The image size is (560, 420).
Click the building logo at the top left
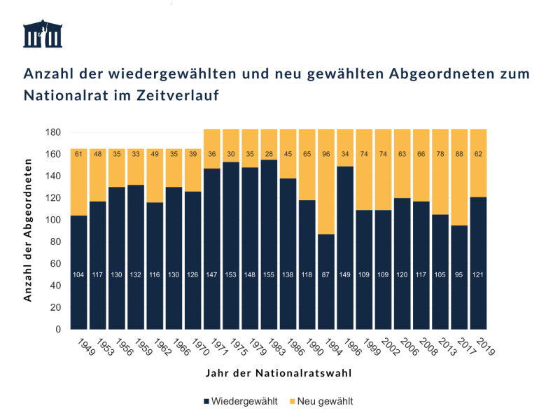coord(42,34)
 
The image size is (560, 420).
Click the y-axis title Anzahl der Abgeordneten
coord(29,231)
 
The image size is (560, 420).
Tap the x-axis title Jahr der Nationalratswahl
coord(279,373)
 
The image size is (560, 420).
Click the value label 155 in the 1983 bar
coord(269,274)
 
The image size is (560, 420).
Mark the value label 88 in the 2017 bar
coord(459,154)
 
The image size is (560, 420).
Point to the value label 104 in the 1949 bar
coord(79,274)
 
